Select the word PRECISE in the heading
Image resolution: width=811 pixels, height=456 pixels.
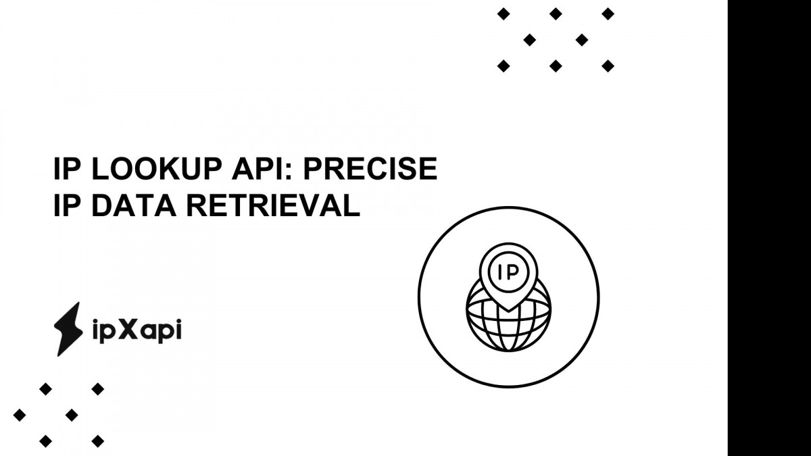(x=370, y=169)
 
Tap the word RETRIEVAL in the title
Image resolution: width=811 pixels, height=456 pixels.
(x=273, y=205)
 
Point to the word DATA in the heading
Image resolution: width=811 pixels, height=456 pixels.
(x=134, y=205)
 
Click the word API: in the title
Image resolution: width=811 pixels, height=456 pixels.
(x=262, y=169)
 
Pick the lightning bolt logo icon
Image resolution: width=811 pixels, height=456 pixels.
(x=68, y=329)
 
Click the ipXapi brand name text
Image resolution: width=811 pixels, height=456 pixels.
(x=137, y=330)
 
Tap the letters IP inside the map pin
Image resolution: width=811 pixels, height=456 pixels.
(x=508, y=272)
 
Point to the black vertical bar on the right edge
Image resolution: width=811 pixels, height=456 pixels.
(x=769, y=228)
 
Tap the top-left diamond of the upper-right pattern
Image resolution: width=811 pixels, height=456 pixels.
(x=503, y=14)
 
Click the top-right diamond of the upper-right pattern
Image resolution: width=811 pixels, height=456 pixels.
(x=608, y=14)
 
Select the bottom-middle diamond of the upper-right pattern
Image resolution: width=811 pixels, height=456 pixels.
(x=556, y=66)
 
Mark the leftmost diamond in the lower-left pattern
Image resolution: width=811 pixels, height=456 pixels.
(x=20, y=415)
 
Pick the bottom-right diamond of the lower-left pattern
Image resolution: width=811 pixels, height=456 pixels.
(x=98, y=441)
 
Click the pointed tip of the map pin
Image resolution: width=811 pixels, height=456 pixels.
(x=508, y=310)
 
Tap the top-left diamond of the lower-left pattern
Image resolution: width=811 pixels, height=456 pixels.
(x=46, y=389)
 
